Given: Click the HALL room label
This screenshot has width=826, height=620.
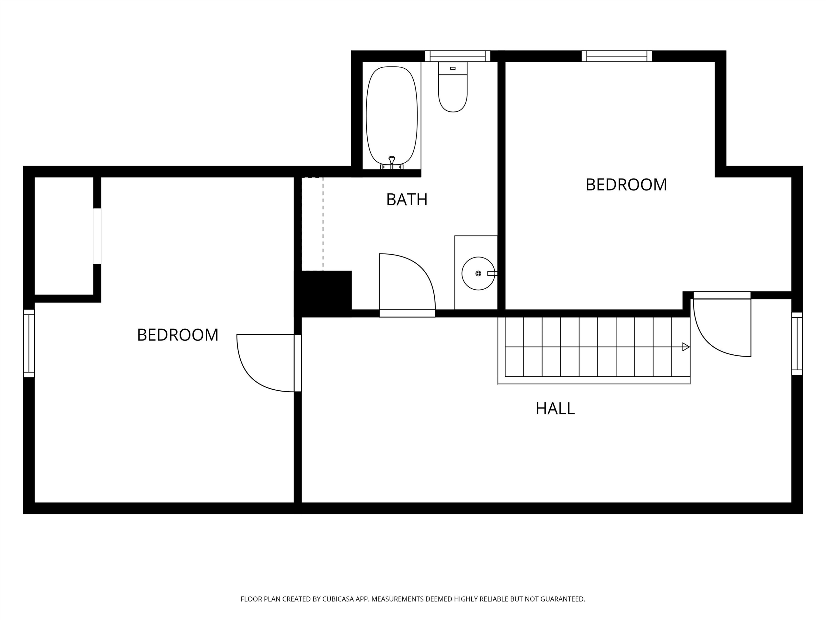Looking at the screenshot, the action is [555, 409].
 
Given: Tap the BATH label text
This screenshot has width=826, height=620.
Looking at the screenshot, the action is [407, 200].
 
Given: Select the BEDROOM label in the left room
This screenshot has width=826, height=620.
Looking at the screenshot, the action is [178, 335].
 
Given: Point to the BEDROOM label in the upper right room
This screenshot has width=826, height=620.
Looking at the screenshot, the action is [626, 185].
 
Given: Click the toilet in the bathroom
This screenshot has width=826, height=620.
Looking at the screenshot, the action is [453, 87].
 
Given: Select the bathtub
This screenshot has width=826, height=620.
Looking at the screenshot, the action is [392, 116].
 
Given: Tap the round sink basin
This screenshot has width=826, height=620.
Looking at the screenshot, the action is [478, 274].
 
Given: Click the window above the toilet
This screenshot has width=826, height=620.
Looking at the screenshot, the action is [457, 56].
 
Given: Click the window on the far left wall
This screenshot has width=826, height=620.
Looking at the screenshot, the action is [29, 343].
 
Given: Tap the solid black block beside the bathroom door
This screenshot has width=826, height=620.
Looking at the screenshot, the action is [324, 293].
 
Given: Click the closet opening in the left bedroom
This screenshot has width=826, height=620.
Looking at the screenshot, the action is [97, 236].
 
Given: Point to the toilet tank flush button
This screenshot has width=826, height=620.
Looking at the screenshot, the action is [453, 68].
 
